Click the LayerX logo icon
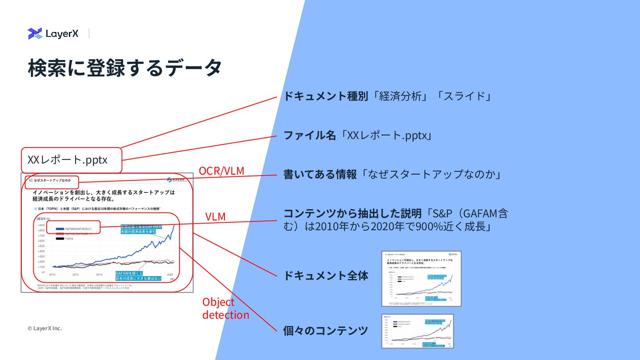coord(35,34)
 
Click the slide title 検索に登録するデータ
coord(124,68)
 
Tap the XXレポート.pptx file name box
coord(72,160)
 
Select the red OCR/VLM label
coord(221,171)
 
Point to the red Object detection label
coord(225,308)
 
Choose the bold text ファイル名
coord(310,136)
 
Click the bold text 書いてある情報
coord(320,175)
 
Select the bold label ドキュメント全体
coord(326,276)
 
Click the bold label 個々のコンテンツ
coord(325,331)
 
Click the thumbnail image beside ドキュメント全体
coord(421,279)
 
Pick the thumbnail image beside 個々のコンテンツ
coord(417,331)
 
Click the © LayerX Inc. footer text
coord(44,328)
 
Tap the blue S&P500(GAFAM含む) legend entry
coord(73,228)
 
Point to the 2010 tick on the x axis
coord(52,275)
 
